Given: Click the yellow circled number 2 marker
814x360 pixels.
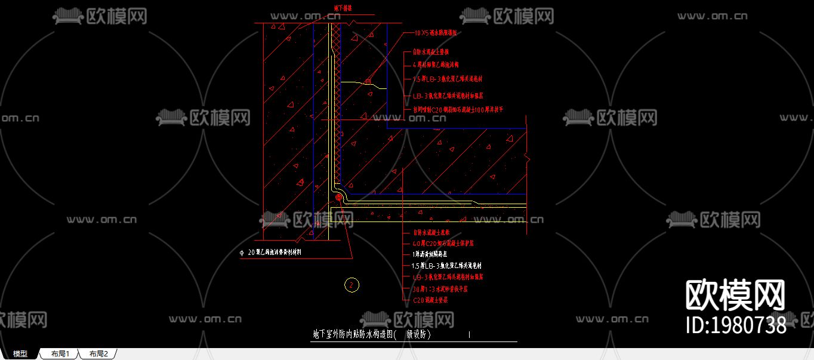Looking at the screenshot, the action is coord(352,285).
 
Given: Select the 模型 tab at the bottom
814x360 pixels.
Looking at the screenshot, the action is coord(20,354).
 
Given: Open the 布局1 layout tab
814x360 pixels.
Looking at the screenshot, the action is coord(60,354).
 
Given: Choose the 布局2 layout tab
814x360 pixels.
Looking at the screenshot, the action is coord(98,354).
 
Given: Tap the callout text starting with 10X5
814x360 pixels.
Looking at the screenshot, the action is coord(435,33).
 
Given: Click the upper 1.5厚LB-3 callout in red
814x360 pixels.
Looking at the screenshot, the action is coord(447,79).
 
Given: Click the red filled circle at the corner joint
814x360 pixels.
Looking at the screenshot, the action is coord(338,197).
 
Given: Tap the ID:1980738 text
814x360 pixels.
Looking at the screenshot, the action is coord(736,325).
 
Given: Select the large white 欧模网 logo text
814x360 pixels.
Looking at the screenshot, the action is coord(735,296).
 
